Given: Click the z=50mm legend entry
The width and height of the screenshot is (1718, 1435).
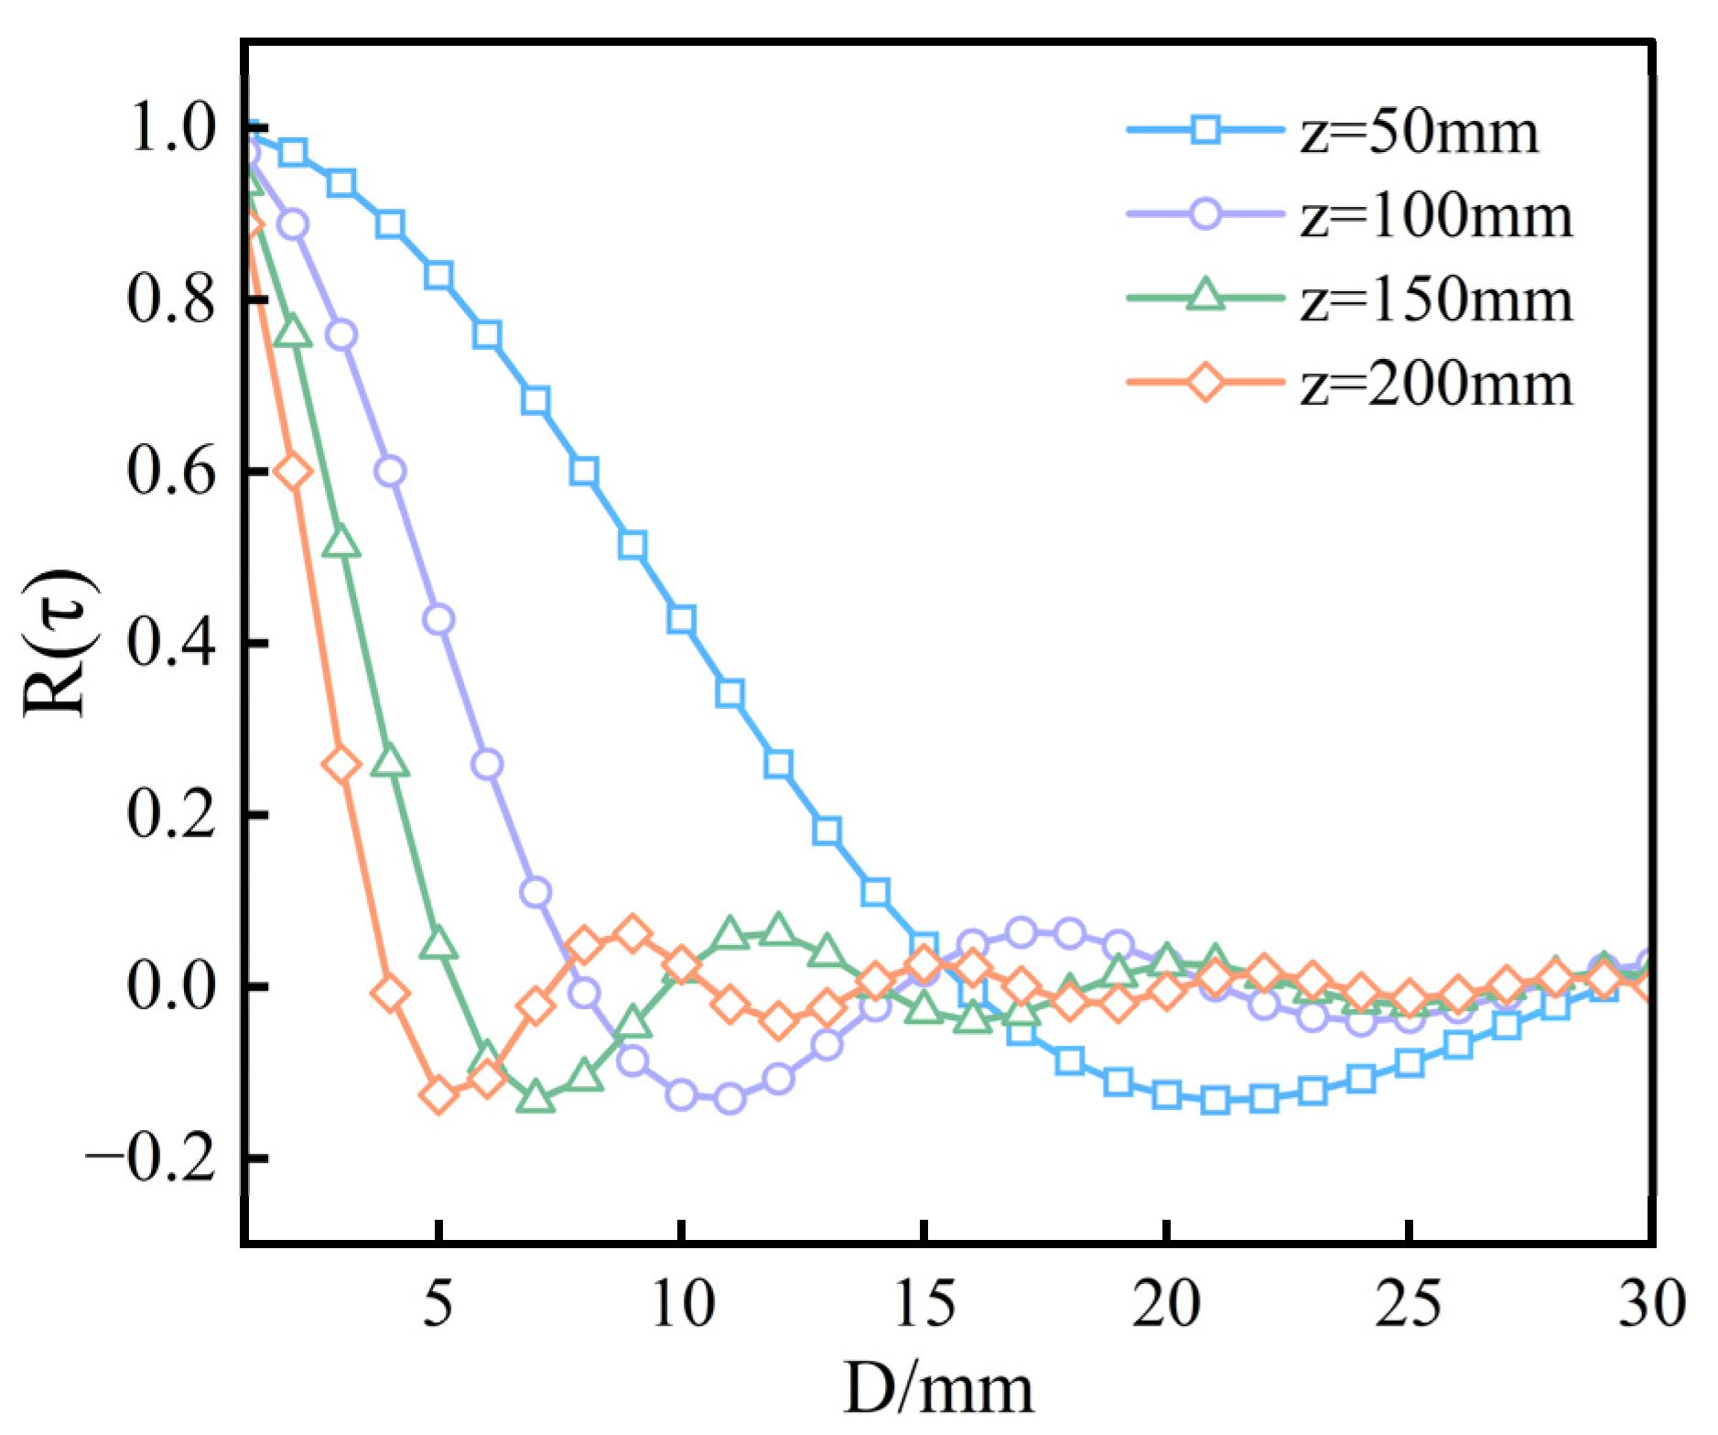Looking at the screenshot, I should pyautogui.click(x=1419, y=133).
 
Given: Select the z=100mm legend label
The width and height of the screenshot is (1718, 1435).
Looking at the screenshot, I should pyautogui.click(x=1435, y=217).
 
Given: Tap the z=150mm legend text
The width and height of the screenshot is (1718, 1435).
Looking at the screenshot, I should pyautogui.click(x=1435, y=300).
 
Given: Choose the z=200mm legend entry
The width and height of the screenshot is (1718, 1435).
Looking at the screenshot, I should pyautogui.click(x=1435, y=385).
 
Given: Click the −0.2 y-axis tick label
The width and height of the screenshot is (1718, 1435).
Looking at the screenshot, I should pyautogui.click(x=151, y=1159).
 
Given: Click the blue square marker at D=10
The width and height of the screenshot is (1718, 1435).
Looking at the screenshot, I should pyautogui.click(x=681, y=619).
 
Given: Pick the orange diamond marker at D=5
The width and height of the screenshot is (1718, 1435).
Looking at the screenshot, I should pyautogui.click(x=439, y=1094).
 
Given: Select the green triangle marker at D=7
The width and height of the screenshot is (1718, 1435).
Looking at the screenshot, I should pyautogui.click(x=535, y=1097).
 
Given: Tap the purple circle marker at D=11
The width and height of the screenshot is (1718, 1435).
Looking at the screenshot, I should pyautogui.click(x=729, y=1097).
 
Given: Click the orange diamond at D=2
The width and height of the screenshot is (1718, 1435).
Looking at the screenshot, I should pyautogui.click(x=294, y=472).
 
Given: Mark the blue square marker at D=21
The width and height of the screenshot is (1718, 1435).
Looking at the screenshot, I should pyautogui.click(x=1215, y=1100).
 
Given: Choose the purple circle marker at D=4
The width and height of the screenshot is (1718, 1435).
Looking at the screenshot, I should pyautogui.click(x=391, y=471).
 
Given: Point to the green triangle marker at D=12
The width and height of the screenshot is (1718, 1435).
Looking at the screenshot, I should pyautogui.click(x=778, y=930).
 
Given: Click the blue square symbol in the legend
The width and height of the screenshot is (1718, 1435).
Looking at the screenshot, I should pyautogui.click(x=1205, y=130).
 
